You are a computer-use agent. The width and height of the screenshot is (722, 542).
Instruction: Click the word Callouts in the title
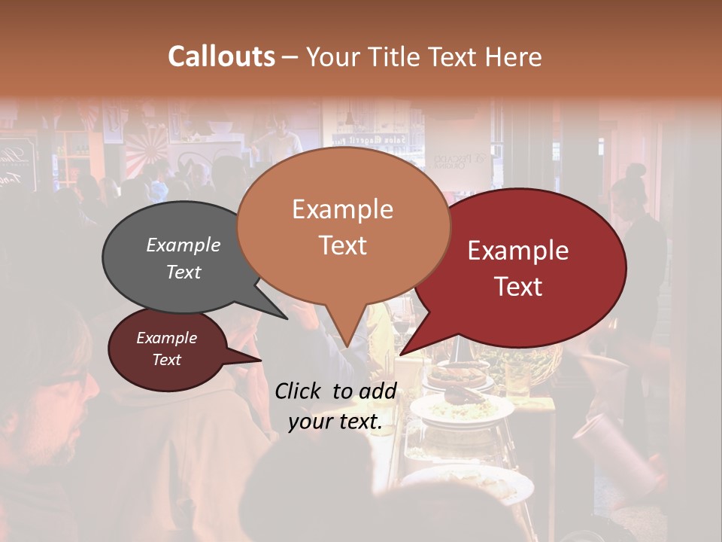pos(221,57)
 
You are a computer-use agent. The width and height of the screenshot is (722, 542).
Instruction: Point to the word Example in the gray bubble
pos(184,245)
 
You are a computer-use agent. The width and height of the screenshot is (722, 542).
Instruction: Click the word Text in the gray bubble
pos(184,272)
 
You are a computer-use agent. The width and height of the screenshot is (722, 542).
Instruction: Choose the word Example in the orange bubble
pos(342,209)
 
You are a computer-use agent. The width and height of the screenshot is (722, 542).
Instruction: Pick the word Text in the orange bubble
pos(342,245)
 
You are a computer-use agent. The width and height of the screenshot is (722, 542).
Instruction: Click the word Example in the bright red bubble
pos(518,251)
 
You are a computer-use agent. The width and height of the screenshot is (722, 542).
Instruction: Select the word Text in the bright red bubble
pos(519,287)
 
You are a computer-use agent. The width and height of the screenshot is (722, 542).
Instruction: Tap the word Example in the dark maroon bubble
pos(167,338)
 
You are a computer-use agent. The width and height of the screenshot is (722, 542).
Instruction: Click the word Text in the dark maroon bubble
pos(167,360)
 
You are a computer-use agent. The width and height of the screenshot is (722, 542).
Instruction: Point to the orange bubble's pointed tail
pos(346,339)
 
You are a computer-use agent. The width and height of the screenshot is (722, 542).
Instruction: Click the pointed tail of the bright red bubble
pos(406,350)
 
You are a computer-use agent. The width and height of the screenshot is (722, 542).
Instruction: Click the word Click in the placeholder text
pos(301,391)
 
